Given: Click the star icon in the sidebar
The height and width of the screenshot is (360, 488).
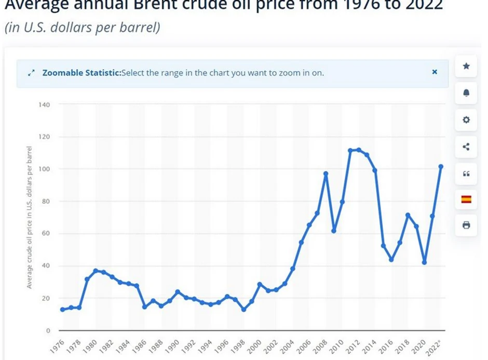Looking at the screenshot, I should (x=466, y=66).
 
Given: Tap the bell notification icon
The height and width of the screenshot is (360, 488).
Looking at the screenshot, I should (x=466, y=93).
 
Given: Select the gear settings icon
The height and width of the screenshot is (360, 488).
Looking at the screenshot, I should (x=466, y=120).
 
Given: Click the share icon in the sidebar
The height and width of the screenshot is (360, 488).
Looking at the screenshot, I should (x=466, y=147).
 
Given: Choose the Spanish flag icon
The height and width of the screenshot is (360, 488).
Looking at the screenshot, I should (x=466, y=198).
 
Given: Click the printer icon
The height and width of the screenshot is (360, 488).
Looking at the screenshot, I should (x=466, y=225).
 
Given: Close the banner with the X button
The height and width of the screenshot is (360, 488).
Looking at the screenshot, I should (x=435, y=72).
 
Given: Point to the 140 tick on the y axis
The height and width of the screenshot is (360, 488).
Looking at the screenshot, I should (x=44, y=105).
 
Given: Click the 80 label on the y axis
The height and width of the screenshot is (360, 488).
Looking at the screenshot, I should (x=46, y=202).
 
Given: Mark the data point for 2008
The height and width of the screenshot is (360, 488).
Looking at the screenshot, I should (x=326, y=174).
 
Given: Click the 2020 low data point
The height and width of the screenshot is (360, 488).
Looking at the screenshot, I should (x=425, y=262).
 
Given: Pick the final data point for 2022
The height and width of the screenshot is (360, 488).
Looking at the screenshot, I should (x=441, y=167).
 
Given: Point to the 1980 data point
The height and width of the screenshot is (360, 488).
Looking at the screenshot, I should (x=96, y=271).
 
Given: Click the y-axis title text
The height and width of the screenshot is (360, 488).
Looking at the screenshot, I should (x=30, y=217).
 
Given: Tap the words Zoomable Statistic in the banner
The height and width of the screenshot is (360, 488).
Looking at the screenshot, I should (x=81, y=73).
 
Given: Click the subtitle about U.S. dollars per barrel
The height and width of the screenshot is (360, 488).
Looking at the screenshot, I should (x=82, y=28).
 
